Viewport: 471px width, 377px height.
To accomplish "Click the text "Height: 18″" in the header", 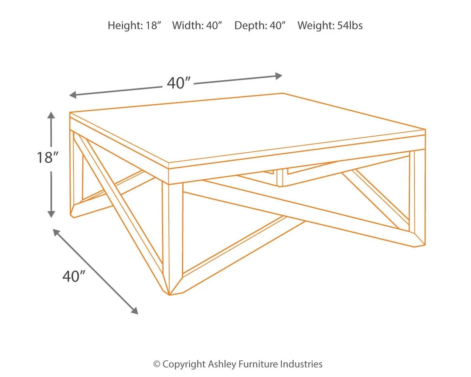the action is point(135,26).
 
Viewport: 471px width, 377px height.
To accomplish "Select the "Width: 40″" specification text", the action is point(197,26).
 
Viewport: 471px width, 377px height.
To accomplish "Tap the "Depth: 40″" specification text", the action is point(259,26).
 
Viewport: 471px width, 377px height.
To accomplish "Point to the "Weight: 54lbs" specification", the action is point(330,26).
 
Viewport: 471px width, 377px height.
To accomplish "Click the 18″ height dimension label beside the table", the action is point(48,157).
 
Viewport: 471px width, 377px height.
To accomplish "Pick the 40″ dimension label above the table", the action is point(179,83).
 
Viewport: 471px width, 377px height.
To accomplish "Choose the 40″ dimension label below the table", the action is point(74,276).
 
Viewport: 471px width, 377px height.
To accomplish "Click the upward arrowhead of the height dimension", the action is point(51,115).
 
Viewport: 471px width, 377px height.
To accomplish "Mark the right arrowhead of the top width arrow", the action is point(279,76).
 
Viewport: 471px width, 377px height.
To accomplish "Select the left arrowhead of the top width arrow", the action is point(73,95).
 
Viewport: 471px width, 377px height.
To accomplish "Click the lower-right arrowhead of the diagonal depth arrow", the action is point(135,311).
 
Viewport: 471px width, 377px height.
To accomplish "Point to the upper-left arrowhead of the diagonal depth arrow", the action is point(56,232).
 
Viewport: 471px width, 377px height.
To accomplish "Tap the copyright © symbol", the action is point(157,364).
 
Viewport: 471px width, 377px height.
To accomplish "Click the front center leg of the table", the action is point(172,237).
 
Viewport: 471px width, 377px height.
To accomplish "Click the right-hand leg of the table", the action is point(417,199).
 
